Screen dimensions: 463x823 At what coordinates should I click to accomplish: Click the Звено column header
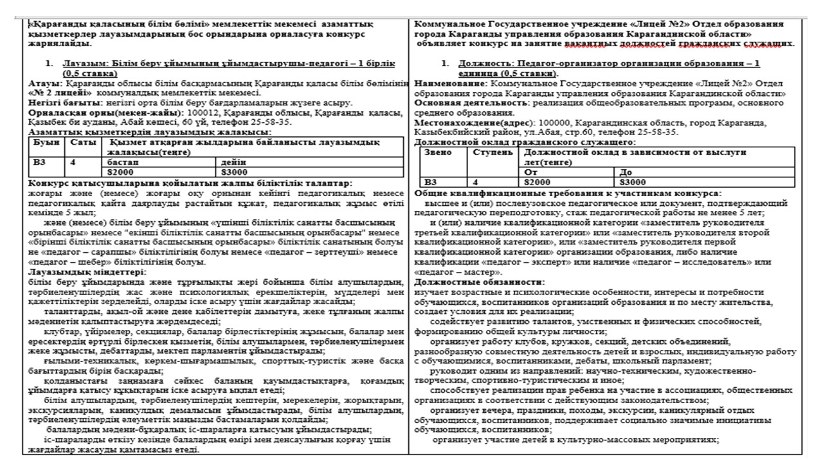pos(437,152)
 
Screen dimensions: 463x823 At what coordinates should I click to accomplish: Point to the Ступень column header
pos(493,152)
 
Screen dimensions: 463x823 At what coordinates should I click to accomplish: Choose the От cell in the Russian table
pos(531,172)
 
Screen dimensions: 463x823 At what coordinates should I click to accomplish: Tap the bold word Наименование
pos(449,84)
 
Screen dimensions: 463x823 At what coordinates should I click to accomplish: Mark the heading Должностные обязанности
pos(479,282)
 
